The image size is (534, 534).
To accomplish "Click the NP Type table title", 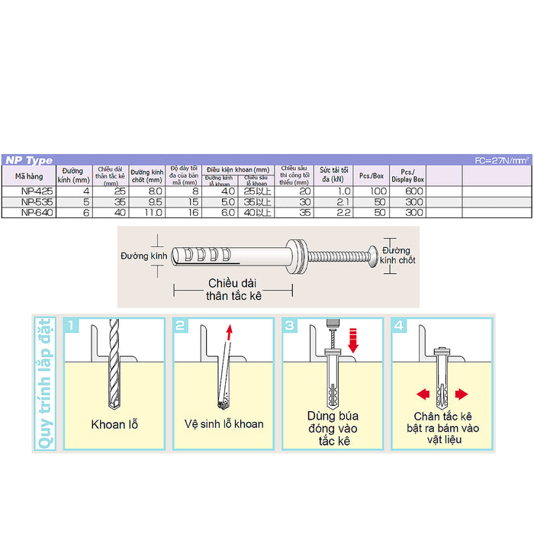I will (x=29, y=160).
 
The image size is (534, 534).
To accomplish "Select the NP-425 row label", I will (x=33, y=191).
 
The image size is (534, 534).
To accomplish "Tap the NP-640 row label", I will (x=33, y=213).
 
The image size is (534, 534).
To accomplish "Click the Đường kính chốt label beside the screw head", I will (x=397, y=255).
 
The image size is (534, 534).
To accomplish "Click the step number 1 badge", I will (x=72, y=327).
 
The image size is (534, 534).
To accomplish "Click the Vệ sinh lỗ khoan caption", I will (x=224, y=424).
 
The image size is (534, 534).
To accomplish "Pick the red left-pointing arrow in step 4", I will (x=421, y=394).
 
